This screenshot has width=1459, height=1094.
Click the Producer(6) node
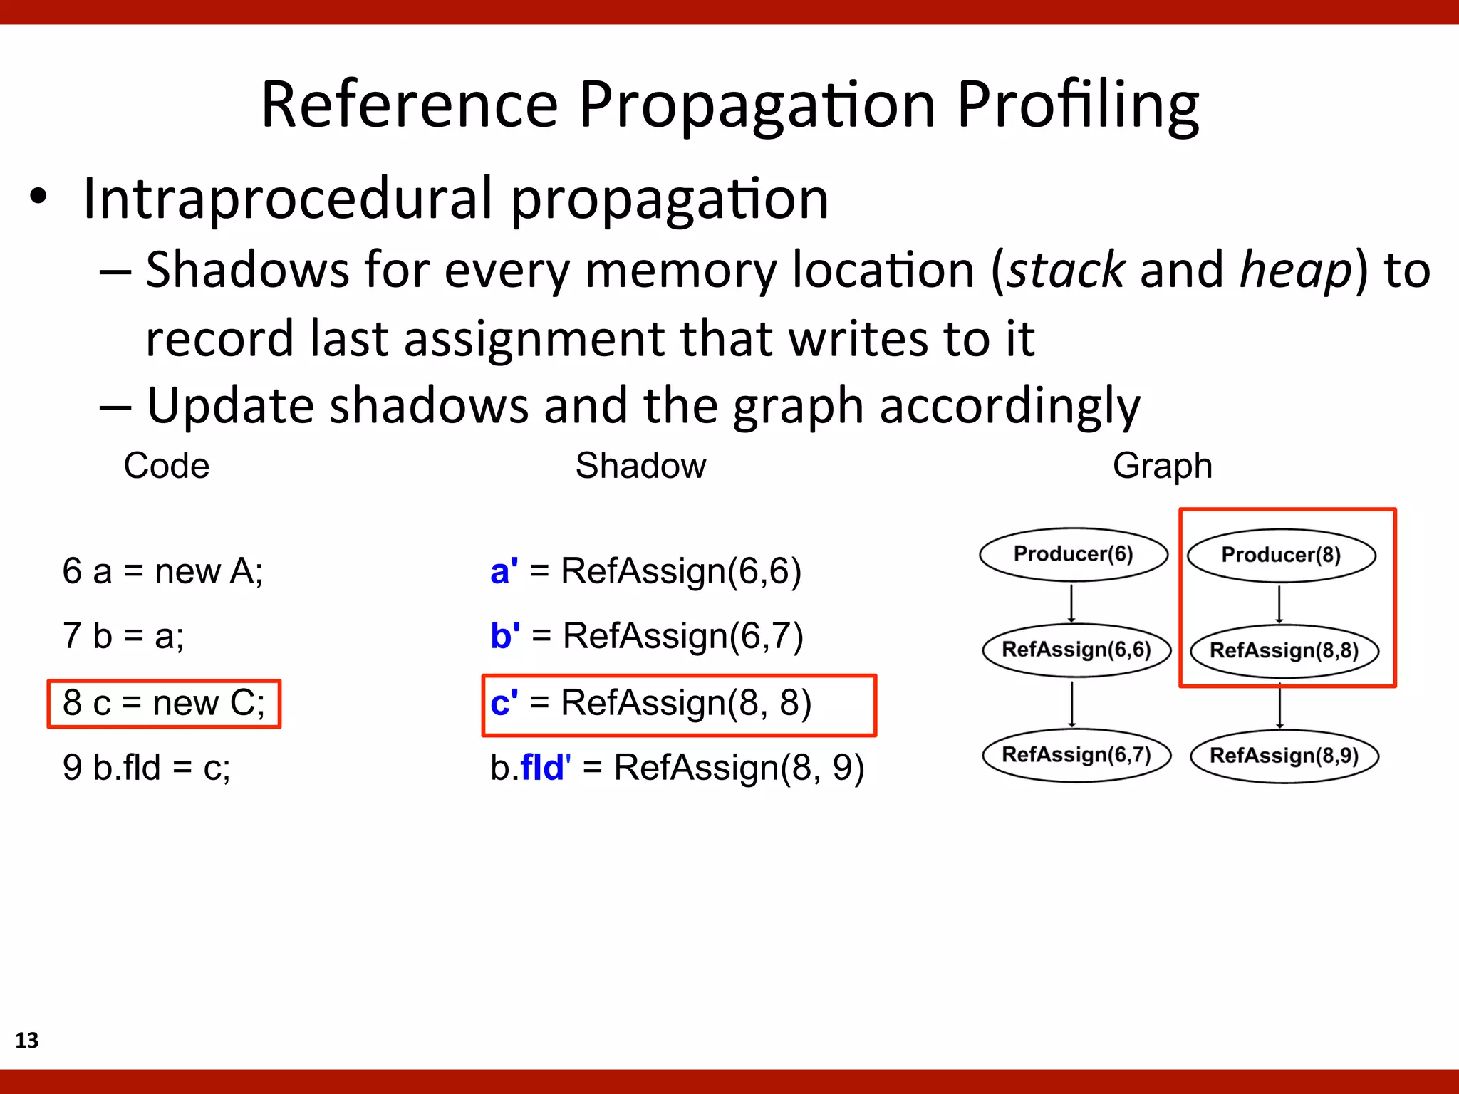1073,554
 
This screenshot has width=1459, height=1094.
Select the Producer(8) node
1281,555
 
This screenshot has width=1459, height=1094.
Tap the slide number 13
27,1040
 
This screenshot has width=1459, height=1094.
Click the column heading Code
167,466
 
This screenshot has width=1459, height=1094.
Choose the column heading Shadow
640,466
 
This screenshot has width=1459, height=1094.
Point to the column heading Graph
1162,466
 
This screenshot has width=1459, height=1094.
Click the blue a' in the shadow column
504,571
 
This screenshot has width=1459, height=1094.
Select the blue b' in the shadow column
505,636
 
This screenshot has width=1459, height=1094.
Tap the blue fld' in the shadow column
545,768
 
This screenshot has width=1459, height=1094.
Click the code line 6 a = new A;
162,571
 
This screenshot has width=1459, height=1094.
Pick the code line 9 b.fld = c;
147,768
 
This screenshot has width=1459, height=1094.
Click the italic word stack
1066,271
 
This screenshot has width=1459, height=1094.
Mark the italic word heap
1296,271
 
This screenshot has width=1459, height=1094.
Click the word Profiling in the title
1077,105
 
